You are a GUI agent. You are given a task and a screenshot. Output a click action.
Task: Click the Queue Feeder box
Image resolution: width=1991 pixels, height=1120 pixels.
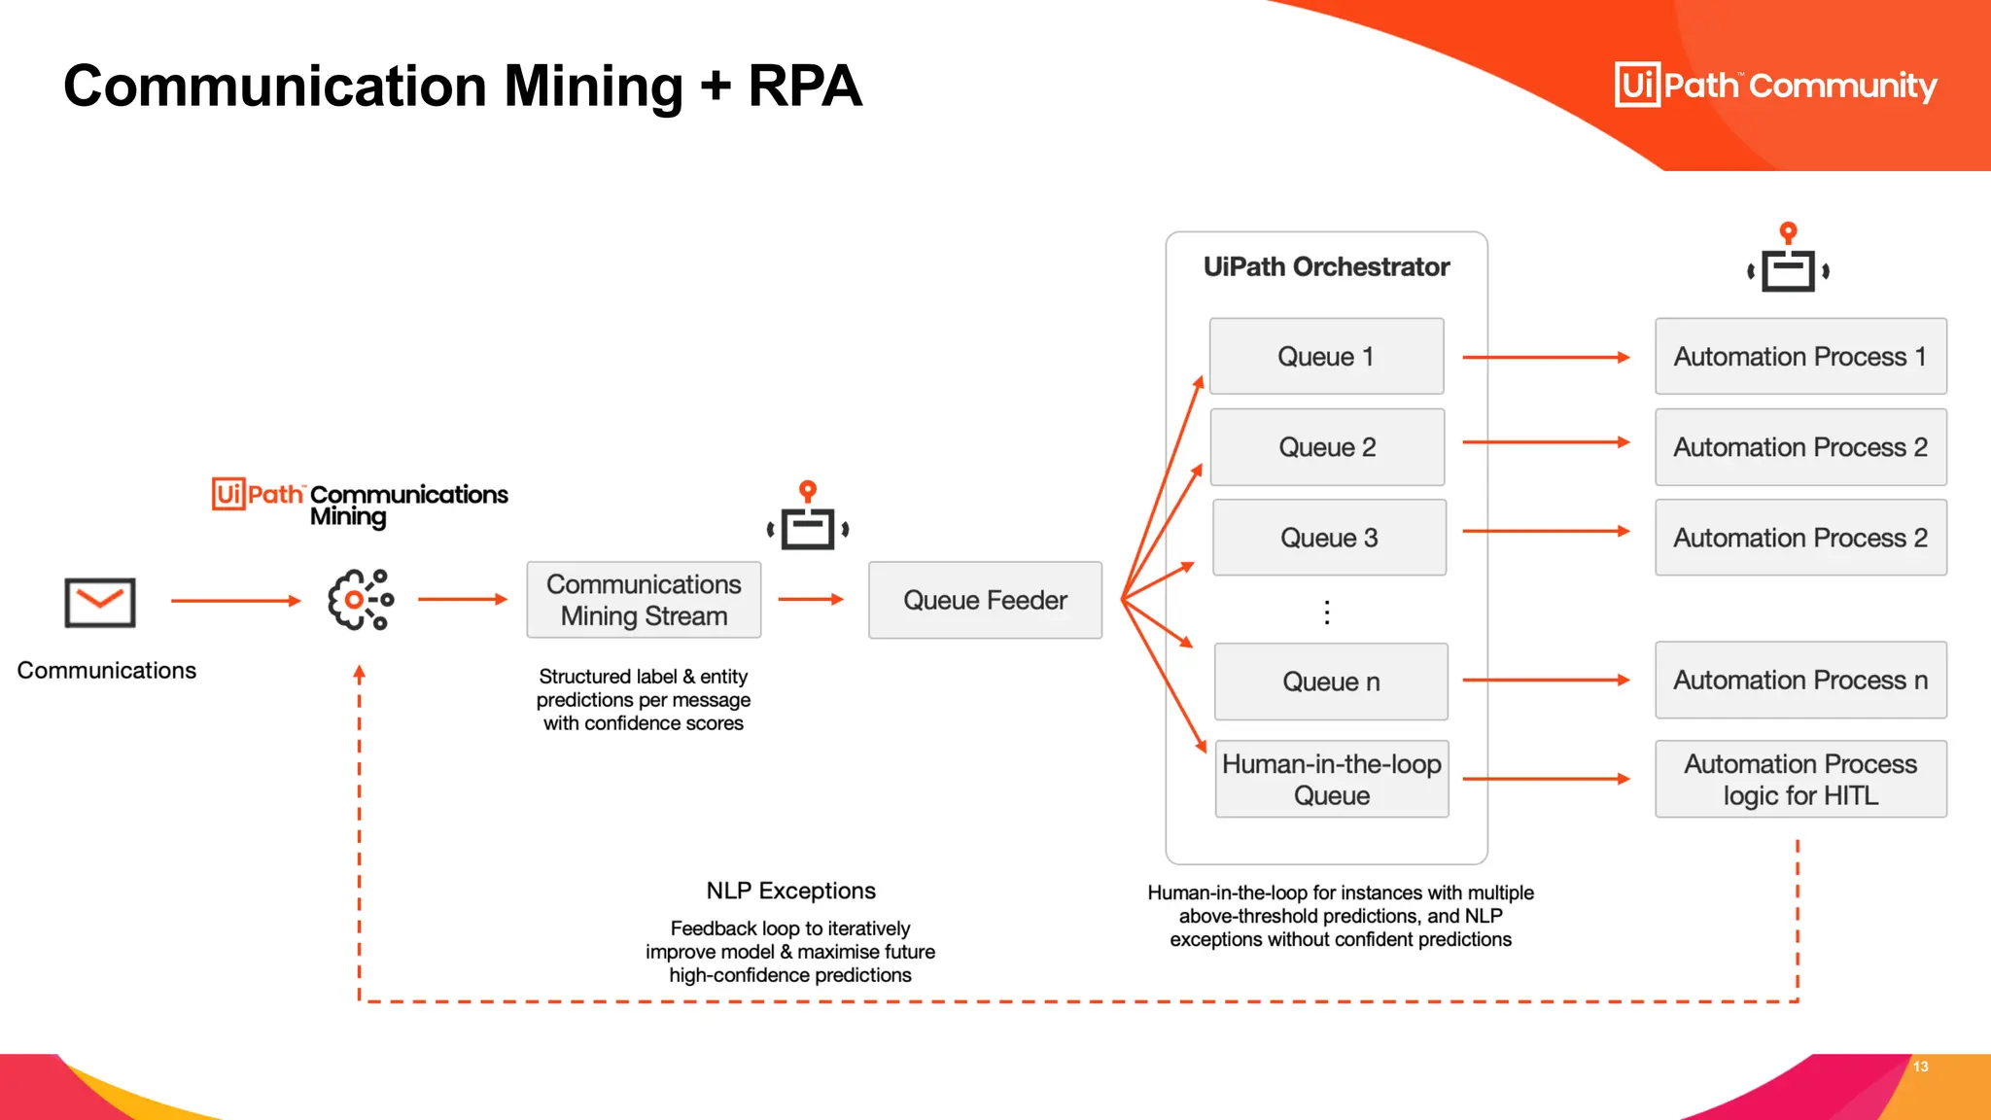(x=985, y=600)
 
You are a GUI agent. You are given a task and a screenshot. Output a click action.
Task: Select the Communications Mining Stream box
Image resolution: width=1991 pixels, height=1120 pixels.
(x=644, y=600)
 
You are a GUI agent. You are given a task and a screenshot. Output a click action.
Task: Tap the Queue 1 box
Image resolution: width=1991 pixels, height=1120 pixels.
(x=1326, y=356)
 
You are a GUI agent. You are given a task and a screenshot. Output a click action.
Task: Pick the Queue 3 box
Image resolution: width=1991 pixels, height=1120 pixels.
(x=1329, y=538)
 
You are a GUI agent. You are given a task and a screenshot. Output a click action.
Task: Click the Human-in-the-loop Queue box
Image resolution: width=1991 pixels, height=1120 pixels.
(x=1331, y=779)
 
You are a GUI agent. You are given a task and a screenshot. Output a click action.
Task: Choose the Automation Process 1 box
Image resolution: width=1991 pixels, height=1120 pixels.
(x=1800, y=356)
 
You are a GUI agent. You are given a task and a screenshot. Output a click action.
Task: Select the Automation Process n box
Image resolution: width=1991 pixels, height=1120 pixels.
(x=1800, y=680)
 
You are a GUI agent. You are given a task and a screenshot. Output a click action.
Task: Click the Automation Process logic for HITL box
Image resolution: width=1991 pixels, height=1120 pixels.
(x=1800, y=779)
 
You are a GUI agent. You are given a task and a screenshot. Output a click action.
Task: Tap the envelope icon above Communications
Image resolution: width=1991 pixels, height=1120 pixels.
(x=100, y=602)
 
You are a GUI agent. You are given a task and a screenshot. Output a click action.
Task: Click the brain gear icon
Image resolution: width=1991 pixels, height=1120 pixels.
(x=360, y=600)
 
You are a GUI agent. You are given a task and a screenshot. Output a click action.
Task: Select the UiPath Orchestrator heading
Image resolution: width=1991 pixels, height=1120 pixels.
(x=1326, y=266)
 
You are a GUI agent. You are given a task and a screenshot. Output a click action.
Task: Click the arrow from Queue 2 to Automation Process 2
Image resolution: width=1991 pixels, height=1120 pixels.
(x=1546, y=442)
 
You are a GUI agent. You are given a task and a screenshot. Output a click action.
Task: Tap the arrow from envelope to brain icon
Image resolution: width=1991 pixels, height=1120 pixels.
(x=235, y=601)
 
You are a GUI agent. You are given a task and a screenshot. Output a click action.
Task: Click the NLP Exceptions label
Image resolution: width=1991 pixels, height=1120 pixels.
(x=790, y=891)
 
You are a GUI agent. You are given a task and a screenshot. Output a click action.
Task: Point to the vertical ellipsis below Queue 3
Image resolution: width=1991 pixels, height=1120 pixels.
(x=1327, y=612)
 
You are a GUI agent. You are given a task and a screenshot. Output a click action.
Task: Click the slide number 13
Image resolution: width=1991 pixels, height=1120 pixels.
(x=1920, y=1067)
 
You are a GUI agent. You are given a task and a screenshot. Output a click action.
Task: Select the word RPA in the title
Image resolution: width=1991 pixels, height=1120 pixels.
(x=804, y=86)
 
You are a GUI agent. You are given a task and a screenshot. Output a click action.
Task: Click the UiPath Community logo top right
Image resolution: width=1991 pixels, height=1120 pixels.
(x=1775, y=86)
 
